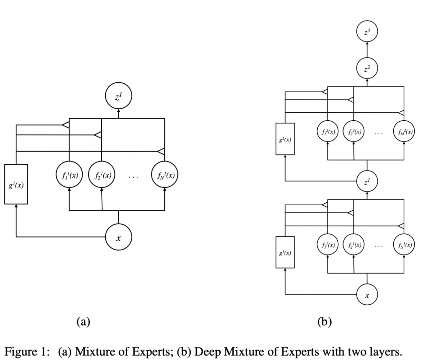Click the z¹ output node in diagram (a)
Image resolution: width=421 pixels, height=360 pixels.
(118, 97)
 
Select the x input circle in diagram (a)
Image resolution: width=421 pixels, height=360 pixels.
(118, 238)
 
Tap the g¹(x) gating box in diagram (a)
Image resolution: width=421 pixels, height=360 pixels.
(16, 184)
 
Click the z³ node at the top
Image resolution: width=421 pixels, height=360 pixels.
(367, 32)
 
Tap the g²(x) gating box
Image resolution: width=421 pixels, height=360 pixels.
(285, 139)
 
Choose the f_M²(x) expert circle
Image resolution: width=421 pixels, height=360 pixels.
(404, 132)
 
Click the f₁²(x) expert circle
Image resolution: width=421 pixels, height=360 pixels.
(328, 132)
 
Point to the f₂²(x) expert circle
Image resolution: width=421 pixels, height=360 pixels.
(354, 132)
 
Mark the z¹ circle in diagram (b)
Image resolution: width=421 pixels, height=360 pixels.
(367, 182)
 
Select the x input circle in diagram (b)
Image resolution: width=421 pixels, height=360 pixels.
(367, 294)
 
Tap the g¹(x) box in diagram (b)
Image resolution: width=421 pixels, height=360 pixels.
(285, 252)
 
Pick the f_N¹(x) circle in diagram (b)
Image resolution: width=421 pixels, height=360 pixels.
(404, 245)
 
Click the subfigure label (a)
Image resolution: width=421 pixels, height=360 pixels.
(83, 321)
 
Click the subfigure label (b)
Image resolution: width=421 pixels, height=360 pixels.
(324, 321)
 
